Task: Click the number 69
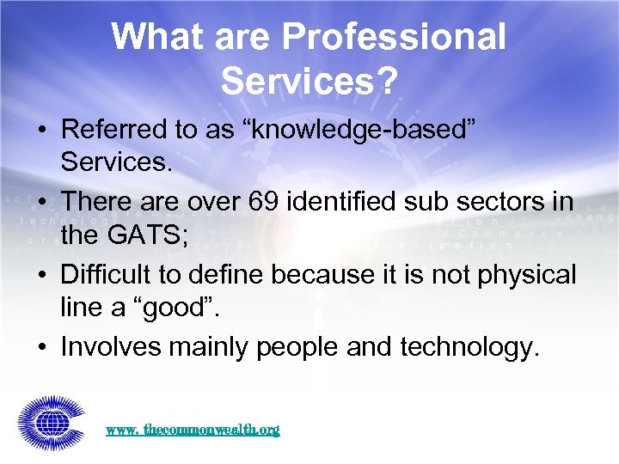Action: pyautogui.click(x=270, y=203)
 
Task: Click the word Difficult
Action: pyautogui.click(x=107, y=275)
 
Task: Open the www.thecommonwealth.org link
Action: pyautogui.click(x=193, y=428)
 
